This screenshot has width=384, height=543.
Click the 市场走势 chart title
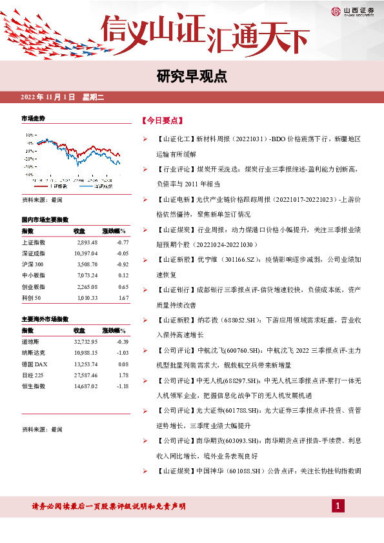click(x=34, y=119)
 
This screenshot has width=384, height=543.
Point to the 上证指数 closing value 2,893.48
click(x=86, y=242)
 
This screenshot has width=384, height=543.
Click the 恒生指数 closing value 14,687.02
click(x=85, y=386)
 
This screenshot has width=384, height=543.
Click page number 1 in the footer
click(x=337, y=506)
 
